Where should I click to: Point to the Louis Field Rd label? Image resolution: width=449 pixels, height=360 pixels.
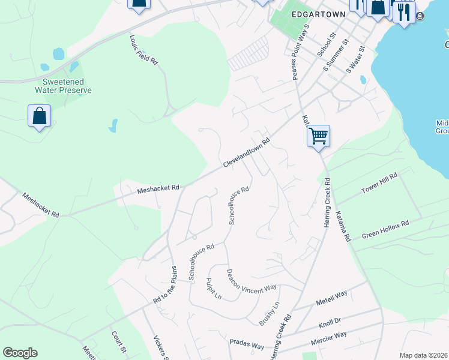click(143, 49)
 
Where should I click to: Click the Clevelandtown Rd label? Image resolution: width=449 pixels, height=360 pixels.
click(247, 154)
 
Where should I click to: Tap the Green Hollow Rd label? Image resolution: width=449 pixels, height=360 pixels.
click(385, 230)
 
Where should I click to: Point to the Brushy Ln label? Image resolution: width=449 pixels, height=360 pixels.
click(269, 313)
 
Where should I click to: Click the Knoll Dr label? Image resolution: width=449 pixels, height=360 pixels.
click(330, 325)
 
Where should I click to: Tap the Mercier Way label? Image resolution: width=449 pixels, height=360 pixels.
click(328, 339)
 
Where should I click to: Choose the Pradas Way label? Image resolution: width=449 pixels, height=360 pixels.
click(247, 346)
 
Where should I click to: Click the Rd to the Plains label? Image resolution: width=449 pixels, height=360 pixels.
click(166, 293)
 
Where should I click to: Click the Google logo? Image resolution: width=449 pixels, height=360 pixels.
click(20, 353)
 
